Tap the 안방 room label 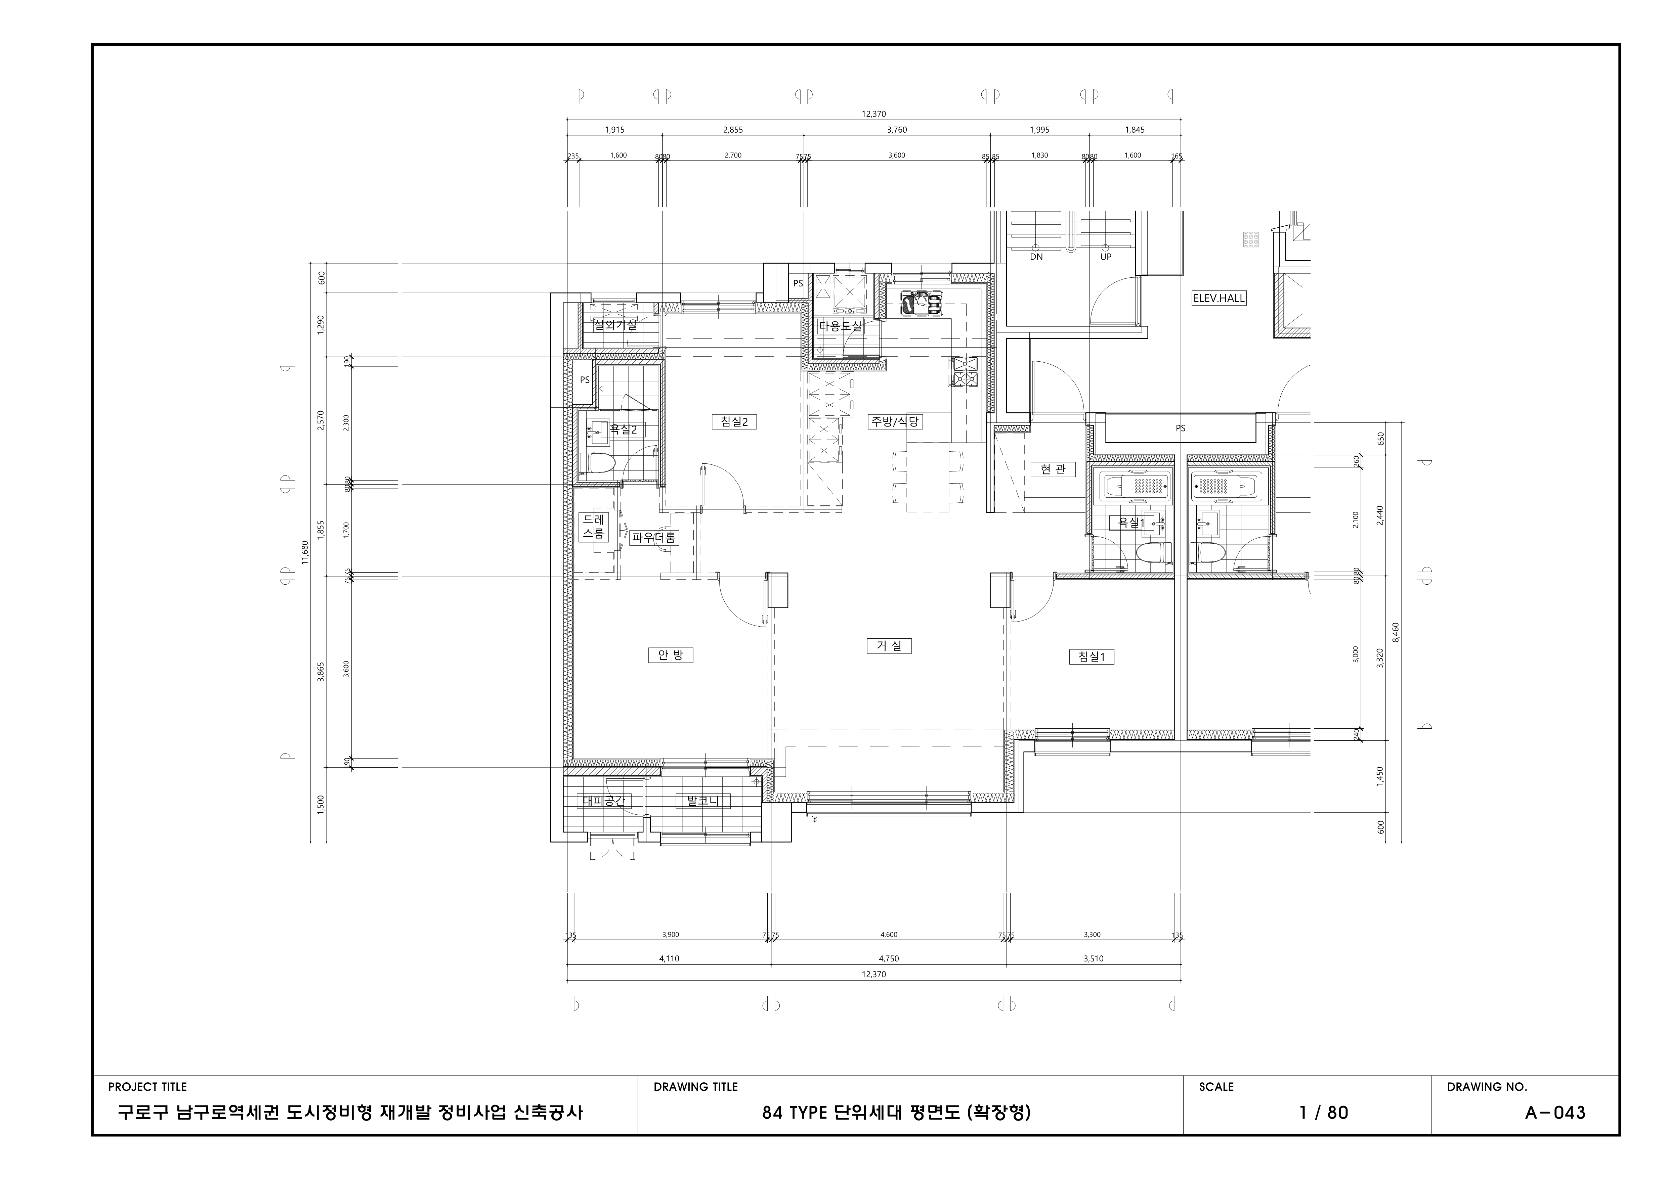pyautogui.click(x=670, y=655)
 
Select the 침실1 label pyautogui.click(x=1091, y=657)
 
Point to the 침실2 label pyautogui.click(x=734, y=421)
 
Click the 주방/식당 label pyautogui.click(x=895, y=421)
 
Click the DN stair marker pyautogui.click(x=1036, y=257)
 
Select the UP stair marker pyautogui.click(x=1105, y=257)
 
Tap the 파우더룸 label pyautogui.click(x=654, y=538)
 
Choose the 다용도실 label pyautogui.click(x=841, y=326)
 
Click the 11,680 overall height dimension pyautogui.click(x=305, y=552)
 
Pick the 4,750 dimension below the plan pyautogui.click(x=889, y=958)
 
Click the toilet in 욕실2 pyautogui.click(x=598, y=463)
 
